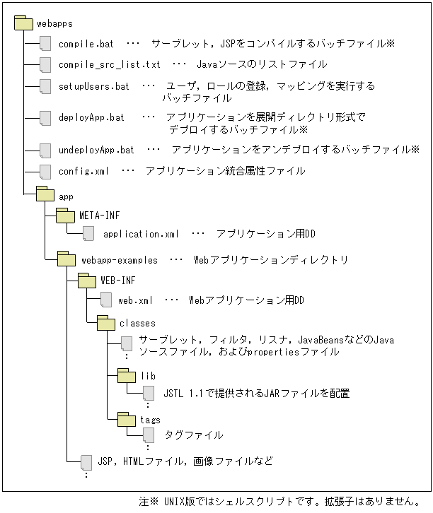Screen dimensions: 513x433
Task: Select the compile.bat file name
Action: click(x=86, y=44)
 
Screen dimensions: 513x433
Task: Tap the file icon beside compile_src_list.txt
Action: click(x=46, y=65)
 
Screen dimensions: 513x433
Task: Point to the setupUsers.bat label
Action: click(x=94, y=86)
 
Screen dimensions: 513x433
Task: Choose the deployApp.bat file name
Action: click(x=91, y=118)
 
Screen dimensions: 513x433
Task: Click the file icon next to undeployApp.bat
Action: click(x=46, y=150)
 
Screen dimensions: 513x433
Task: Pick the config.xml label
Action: click(x=83, y=171)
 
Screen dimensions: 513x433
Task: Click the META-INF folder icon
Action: click(x=66, y=214)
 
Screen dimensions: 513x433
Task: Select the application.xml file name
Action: click(x=142, y=234)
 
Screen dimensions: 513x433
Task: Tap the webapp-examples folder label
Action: click(x=124, y=260)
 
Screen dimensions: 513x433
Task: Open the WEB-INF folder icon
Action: click(x=86, y=281)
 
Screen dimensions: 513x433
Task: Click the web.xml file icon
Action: click(x=105, y=300)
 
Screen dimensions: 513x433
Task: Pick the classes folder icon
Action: click(x=105, y=324)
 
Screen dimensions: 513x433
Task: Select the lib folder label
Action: click(x=148, y=377)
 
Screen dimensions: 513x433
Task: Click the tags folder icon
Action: click(x=127, y=420)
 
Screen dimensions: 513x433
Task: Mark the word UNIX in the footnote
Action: click(x=175, y=501)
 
